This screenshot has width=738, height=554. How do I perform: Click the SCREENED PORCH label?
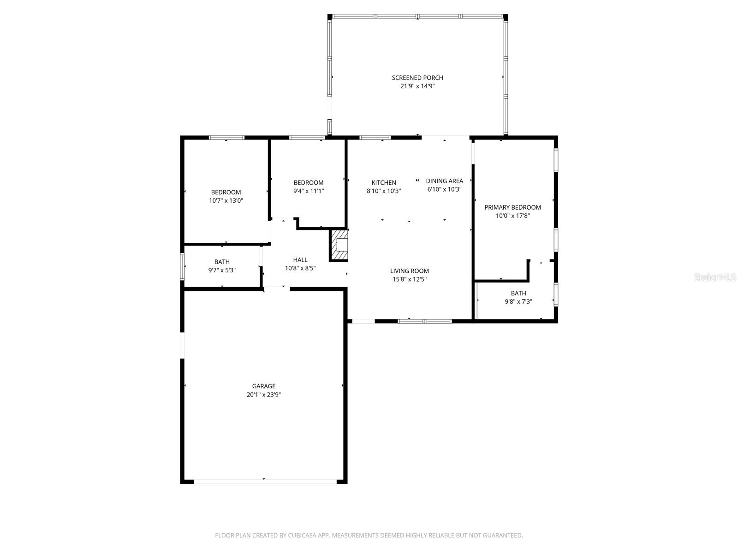[x=417, y=78]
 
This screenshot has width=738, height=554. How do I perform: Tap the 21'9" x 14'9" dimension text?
[x=417, y=86]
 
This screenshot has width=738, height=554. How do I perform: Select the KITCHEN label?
[x=384, y=183]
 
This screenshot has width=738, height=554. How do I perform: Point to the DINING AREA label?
[x=444, y=181]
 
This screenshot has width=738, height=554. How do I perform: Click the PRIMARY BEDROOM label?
[x=512, y=207]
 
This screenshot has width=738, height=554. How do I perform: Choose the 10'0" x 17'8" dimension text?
[x=512, y=216]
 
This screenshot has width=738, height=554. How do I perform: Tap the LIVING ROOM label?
[x=409, y=271]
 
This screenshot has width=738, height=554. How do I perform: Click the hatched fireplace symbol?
[x=339, y=245]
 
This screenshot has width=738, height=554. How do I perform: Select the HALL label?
[x=300, y=260]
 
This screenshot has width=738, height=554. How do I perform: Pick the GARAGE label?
[x=263, y=386]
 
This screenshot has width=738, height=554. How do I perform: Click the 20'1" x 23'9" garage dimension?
[x=263, y=395]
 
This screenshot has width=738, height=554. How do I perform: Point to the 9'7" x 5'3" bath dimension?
[x=222, y=271]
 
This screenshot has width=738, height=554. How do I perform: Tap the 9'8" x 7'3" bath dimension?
[x=518, y=302]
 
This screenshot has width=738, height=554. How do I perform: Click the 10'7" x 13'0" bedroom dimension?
[x=226, y=201]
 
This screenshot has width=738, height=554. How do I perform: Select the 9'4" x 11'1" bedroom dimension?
[x=309, y=191]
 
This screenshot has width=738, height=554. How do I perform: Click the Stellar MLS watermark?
[x=715, y=277]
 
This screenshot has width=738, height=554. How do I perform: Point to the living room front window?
[x=425, y=320]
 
